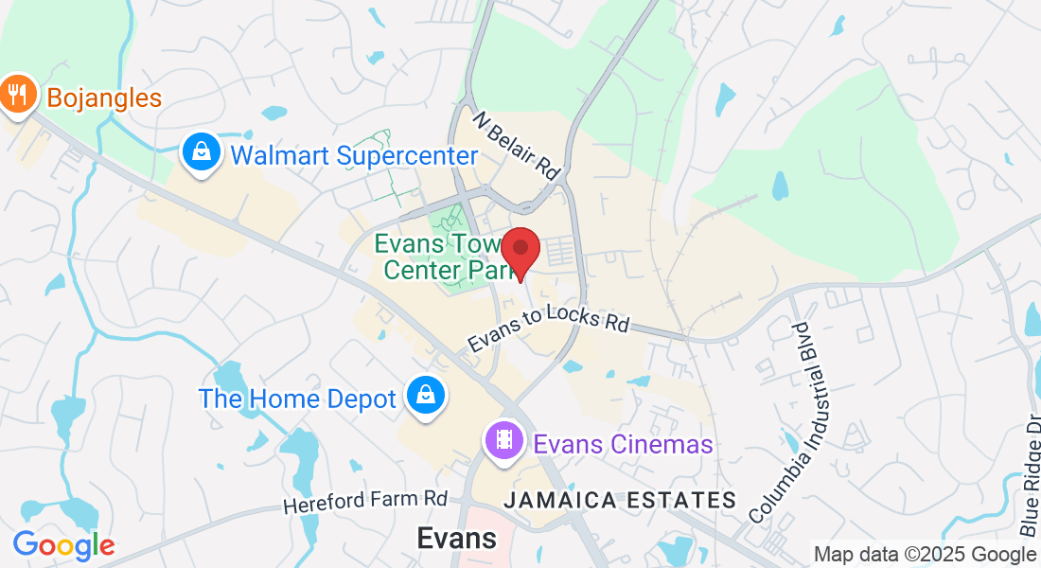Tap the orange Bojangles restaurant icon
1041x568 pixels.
pyautogui.click(x=16, y=94)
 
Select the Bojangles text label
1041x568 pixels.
pyautogui.click(x=103, y=98)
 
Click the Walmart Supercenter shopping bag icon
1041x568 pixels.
pyautogui.click(x=202, y=152)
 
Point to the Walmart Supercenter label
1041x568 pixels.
pyautogui.click(x=354, y=155)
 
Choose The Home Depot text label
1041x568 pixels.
pyautogui.click(x=296, y=399)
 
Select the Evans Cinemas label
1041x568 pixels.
pyautogui.click(x=622, y=443)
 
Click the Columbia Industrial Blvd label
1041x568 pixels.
pyautogui.click(x=792, y=422)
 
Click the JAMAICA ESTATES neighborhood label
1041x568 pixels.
pyautogui.click(x=620, y=500)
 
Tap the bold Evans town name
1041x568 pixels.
pyautogui.click(x=457, y=538)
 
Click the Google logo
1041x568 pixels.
pyautogui.click(x=63, y=545)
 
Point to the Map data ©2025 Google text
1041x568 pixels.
pyautogui.click(x=925, y=555)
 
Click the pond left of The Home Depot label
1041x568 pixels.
pyautogui.click(x=69, y=412)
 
